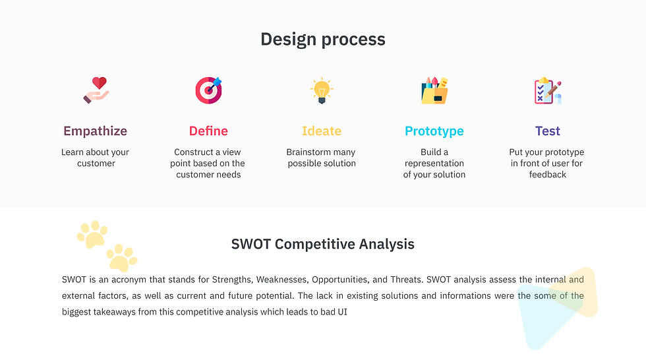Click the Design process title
(323, 40)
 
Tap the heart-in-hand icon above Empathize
(96, 90)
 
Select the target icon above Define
(209, 90)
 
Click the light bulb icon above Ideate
(322, 90)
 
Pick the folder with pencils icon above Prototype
(434, 90)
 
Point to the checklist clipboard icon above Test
(548, 90)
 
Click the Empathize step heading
(95, 131)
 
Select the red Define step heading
(208, 131)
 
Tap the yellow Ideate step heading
(322, 131)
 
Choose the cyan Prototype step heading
(434, 131)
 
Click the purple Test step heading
(548, 131)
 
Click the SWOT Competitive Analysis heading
(323, 244)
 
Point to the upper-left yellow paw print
(92, 234)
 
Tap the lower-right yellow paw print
(122, 258)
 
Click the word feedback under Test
(548, 175)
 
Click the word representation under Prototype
(434, 164)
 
